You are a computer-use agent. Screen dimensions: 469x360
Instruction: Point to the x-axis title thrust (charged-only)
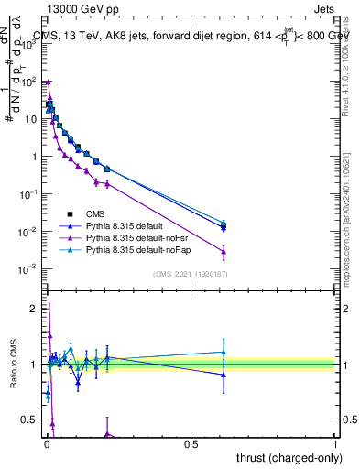point(290,458)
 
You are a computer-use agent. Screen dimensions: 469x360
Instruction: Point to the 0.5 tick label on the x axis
point(191,444)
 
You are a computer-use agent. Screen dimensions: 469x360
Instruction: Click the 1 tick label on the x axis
point(335,444)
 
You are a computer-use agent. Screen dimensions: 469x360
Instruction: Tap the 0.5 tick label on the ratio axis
point(30,420)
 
